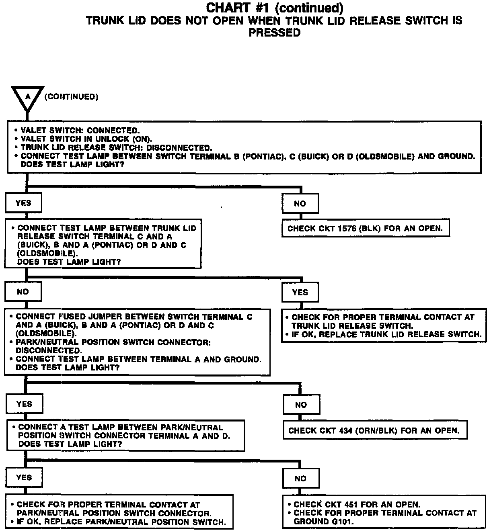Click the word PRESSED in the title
pos(274,33)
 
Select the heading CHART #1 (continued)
pos(274,8)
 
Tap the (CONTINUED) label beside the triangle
pos(71,97)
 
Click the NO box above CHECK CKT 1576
pos(300,204)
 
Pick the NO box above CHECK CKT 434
pos(301,405)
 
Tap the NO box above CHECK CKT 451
pos(300,478)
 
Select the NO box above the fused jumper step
pos(23,292)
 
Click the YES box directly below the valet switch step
pos(23,203)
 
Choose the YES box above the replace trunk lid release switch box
pos(300,293)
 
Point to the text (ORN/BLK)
pos(378,430)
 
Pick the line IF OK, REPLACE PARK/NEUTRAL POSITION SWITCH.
pos(121,522)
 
